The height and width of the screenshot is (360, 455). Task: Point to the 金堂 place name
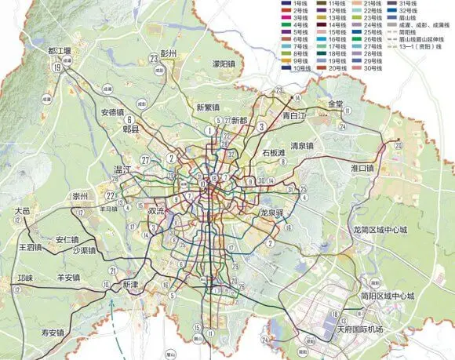point(336,104)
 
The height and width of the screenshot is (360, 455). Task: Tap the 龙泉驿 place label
point(275,213)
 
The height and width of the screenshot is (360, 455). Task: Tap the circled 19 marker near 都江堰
point(57,68)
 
